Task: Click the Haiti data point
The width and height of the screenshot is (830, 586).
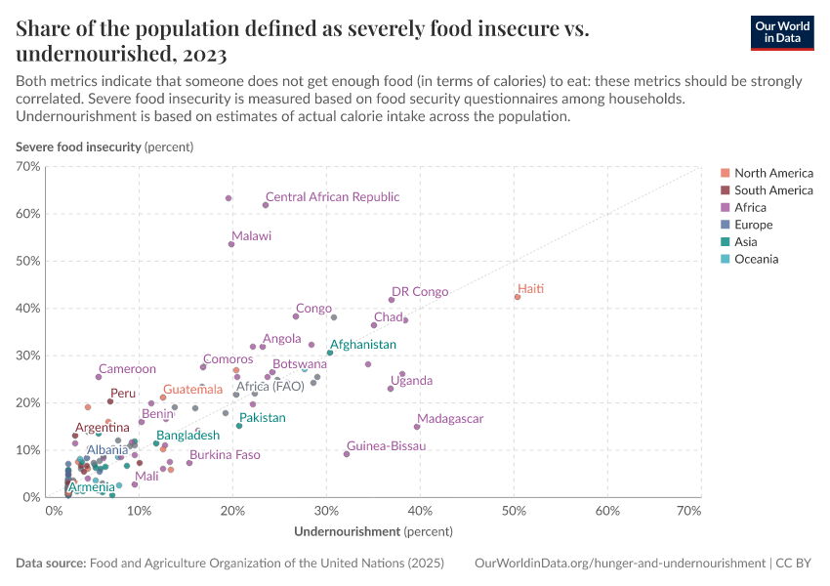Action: (518, 297)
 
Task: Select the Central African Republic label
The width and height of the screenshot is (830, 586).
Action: (332, 197)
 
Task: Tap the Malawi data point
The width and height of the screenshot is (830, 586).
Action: (231, 244)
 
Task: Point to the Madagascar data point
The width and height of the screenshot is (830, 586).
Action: (417, 427)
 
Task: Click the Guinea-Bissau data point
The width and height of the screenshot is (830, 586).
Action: (347, 454)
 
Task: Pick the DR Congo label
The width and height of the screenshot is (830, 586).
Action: (420, 291)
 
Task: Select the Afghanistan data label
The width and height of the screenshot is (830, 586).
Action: (363, 345)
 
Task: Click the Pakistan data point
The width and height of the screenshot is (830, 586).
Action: (239, 426)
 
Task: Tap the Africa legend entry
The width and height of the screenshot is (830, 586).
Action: (750, 208)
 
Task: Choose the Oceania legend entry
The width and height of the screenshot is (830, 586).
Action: (756, 260)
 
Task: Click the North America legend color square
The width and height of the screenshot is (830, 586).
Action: (724, 173)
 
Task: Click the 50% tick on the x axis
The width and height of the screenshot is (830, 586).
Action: (515, 511)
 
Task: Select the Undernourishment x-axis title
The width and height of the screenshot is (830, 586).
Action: (373, 532)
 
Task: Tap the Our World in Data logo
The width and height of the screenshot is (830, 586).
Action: (782, 32)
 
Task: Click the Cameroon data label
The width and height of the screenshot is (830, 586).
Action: (127, 369)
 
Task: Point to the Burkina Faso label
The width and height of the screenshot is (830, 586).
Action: (225, 455)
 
